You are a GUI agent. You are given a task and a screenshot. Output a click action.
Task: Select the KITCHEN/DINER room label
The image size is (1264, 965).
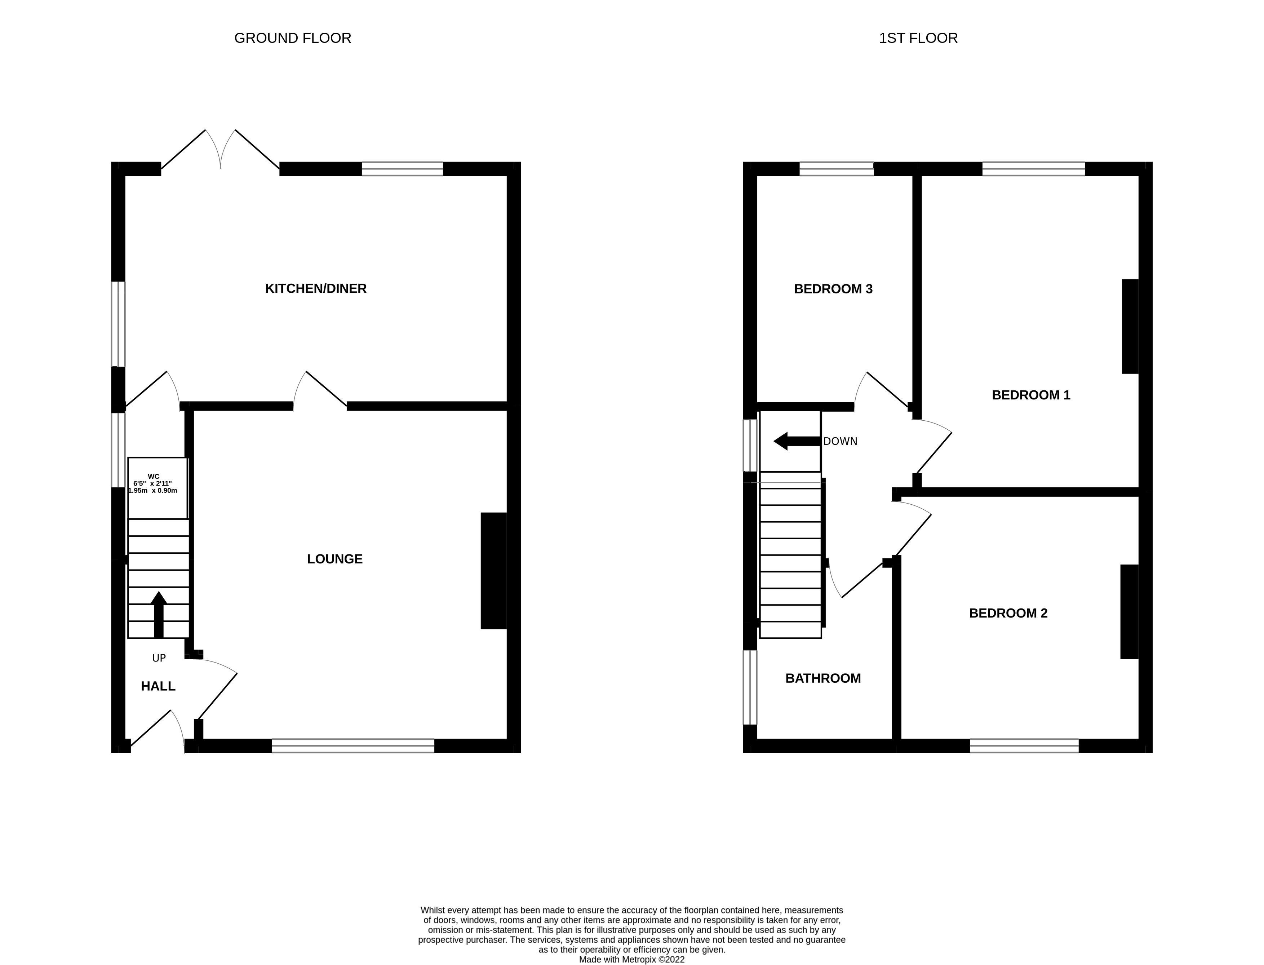pos(315,288)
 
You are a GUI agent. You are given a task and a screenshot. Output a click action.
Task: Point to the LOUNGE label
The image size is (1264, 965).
pos(335,559)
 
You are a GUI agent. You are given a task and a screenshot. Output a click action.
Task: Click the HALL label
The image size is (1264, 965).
pos(158,686)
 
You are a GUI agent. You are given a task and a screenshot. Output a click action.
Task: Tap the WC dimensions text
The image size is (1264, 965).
pos(153,484)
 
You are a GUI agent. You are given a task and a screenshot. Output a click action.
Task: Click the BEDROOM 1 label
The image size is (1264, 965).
pos(1031,395)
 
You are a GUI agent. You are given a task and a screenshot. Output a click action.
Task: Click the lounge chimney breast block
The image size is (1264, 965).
pos(493,570)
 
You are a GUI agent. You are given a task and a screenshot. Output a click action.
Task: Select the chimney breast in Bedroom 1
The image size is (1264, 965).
pos(1130,326)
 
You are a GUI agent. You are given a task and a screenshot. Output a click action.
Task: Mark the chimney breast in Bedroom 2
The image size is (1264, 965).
pos(1128,612)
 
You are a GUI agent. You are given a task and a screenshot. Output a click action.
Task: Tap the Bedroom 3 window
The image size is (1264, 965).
pos(836,169)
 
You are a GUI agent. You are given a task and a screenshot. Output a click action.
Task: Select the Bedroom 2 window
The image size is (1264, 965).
pos(1024,745)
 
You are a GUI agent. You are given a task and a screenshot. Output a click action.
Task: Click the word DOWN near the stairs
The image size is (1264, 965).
pos(840,441)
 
